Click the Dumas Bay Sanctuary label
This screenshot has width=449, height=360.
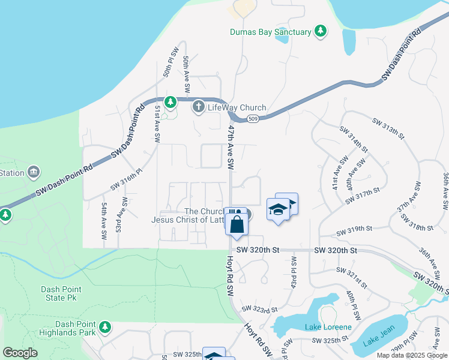click(271, 32)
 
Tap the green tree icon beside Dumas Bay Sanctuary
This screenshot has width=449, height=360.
click(321, 31)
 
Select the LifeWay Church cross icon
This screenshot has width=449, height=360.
click(199, 107)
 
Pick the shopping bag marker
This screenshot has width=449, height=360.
click(237, 225)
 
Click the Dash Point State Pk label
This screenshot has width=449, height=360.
click(61, 293)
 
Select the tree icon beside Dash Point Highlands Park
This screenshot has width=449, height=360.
click(106, 327)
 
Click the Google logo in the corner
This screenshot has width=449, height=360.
click(20, 353)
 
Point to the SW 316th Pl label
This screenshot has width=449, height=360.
click(126, 179)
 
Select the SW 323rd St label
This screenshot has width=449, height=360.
click(259, 309)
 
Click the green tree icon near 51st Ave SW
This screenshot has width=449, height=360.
click(171, 103)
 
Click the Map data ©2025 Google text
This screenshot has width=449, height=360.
click(411, 355)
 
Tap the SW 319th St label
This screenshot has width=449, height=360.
click(355, 232)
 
